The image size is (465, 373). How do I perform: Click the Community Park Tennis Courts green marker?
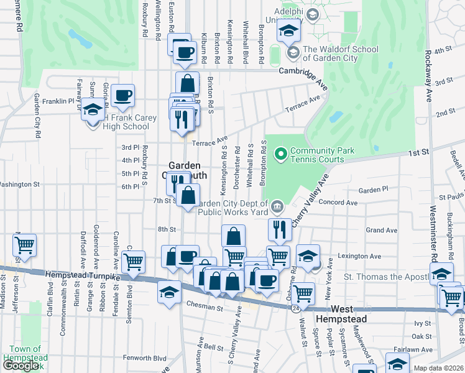click(x=280, y=152)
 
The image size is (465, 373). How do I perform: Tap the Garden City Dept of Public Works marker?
click(x=276, y=206)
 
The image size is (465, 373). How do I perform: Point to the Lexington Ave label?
click(x=359, y=256)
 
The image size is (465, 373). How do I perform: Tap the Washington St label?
click(x=19, y=185)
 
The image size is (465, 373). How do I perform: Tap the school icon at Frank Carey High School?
click(x=93, y=111)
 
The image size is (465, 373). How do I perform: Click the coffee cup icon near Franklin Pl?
click(x=124, y=96)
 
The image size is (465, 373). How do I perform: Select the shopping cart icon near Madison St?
click(x=24, y=245)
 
